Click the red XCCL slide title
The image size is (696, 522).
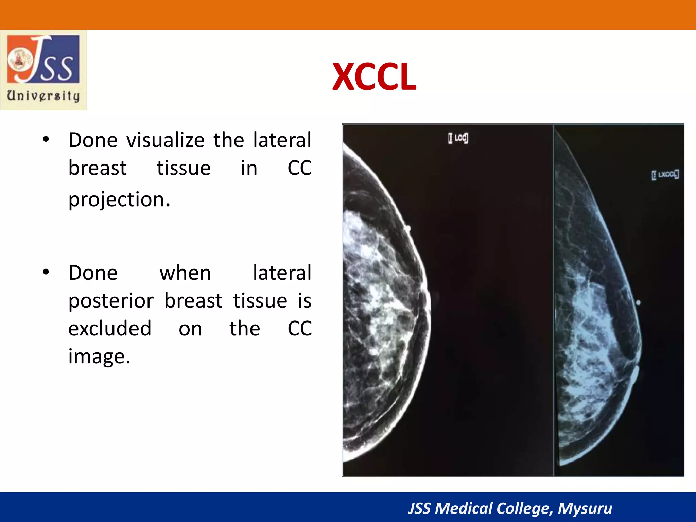pos(374,77)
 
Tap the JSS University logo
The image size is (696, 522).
pos(43,70)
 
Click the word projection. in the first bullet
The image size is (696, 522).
pos(119,199)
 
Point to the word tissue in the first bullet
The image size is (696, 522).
pos(184,168)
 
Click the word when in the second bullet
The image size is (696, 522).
pos(185,273)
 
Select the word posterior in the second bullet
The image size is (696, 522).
pos(111,301)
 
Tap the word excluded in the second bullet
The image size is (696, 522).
pos(110,329)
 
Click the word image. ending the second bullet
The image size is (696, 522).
pos(99,356)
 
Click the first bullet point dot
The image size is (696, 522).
pos(46,139)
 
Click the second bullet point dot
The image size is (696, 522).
pos(46,272)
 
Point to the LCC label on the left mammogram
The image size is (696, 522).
pos(458,138)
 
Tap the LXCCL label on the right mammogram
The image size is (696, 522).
pos(665,175)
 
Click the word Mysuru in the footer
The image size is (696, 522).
pos(585,508)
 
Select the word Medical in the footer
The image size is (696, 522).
pos(464,508)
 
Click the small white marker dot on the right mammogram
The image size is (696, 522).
pos(638,302)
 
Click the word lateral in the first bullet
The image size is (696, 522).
pos(282,140)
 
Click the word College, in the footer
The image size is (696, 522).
pos(525,508)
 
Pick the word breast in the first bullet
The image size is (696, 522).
pos(98,168)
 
